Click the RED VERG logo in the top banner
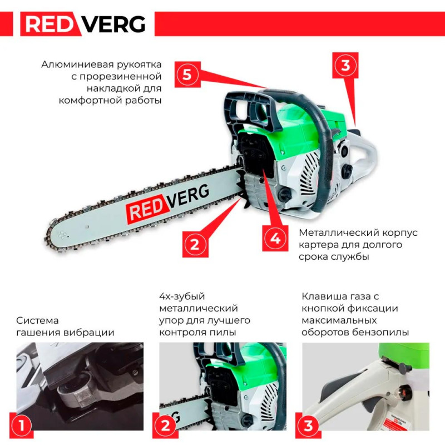point(83,24)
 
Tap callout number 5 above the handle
point(187,75)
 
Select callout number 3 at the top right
point(345,65)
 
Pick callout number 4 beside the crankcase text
point(275,239)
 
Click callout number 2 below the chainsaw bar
point(195,244)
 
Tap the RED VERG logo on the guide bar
point(167,202)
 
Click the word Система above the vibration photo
point(37,321)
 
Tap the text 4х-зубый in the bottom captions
point(182,296)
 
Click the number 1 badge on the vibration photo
point(22,426)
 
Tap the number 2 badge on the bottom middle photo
point(165,426)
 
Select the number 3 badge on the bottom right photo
point(308,426)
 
